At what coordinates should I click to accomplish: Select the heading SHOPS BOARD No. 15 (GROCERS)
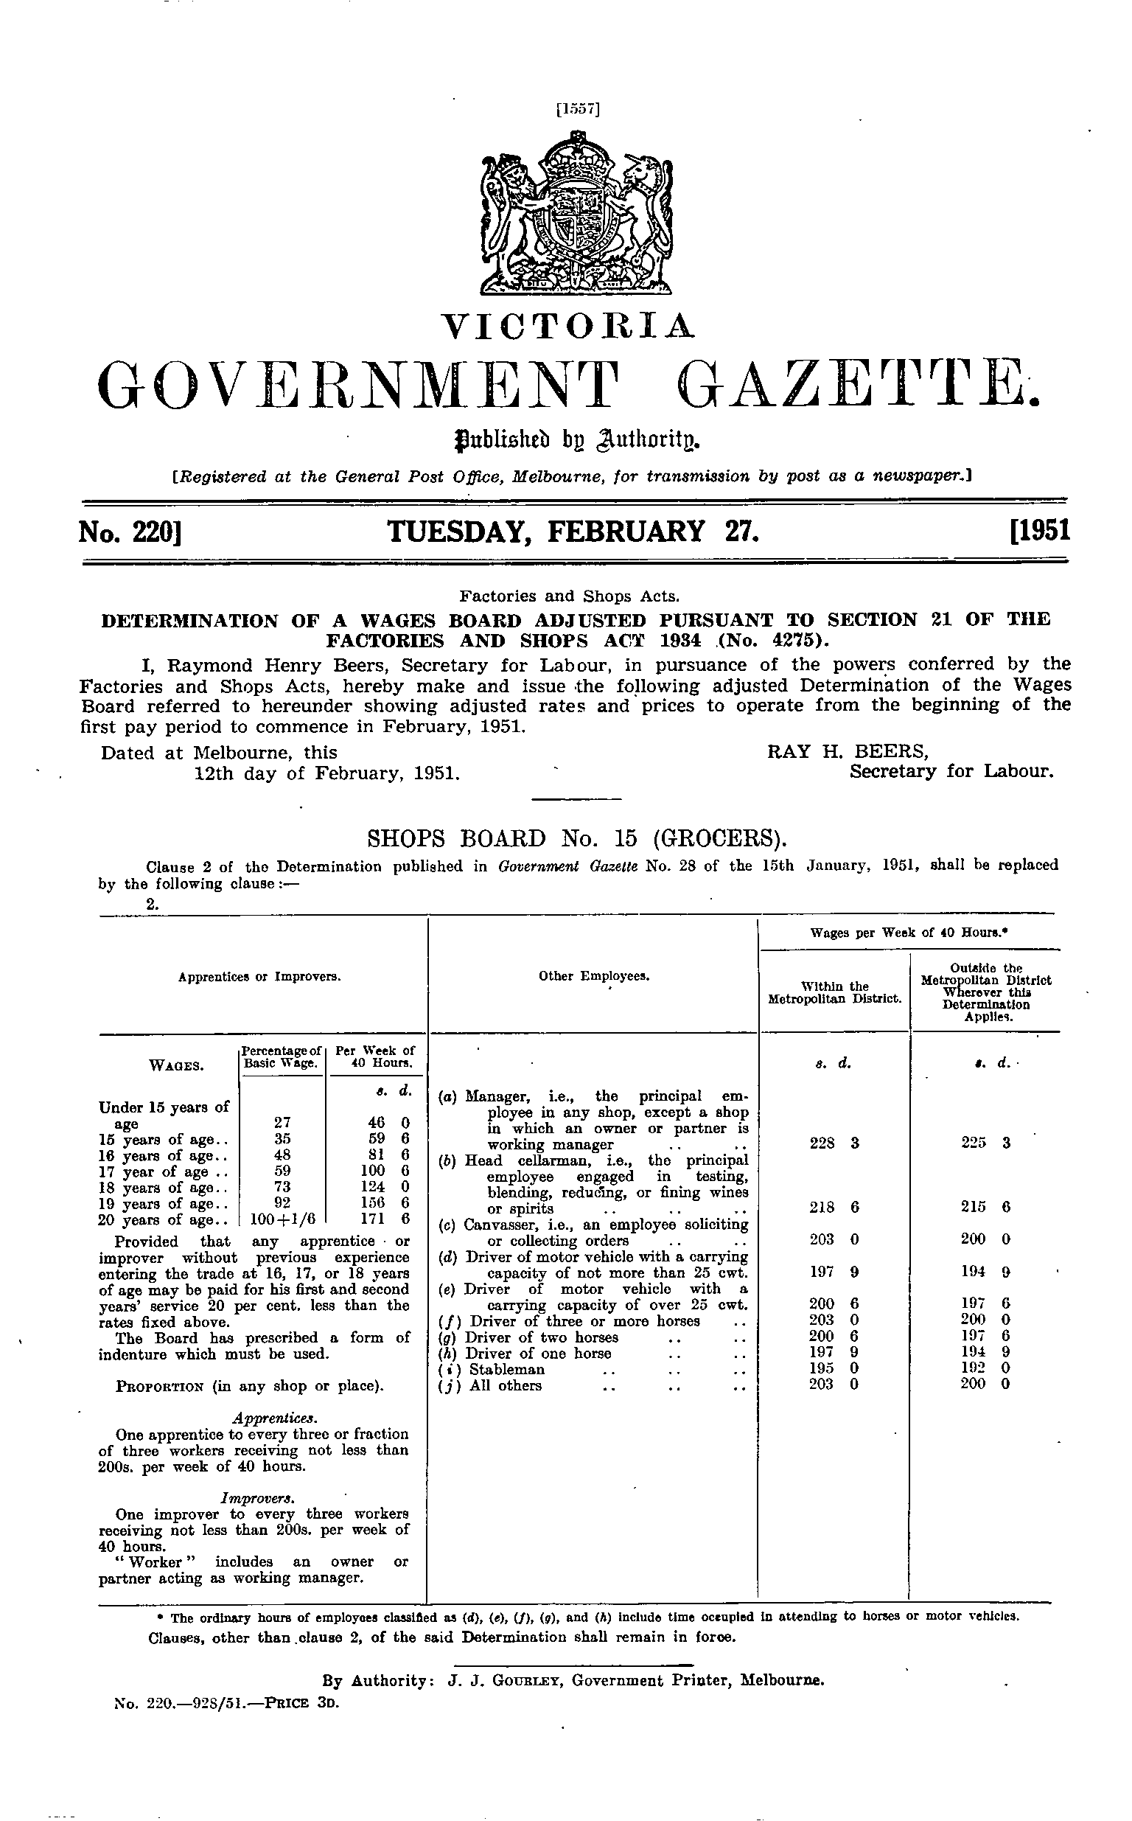[576, 836]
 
